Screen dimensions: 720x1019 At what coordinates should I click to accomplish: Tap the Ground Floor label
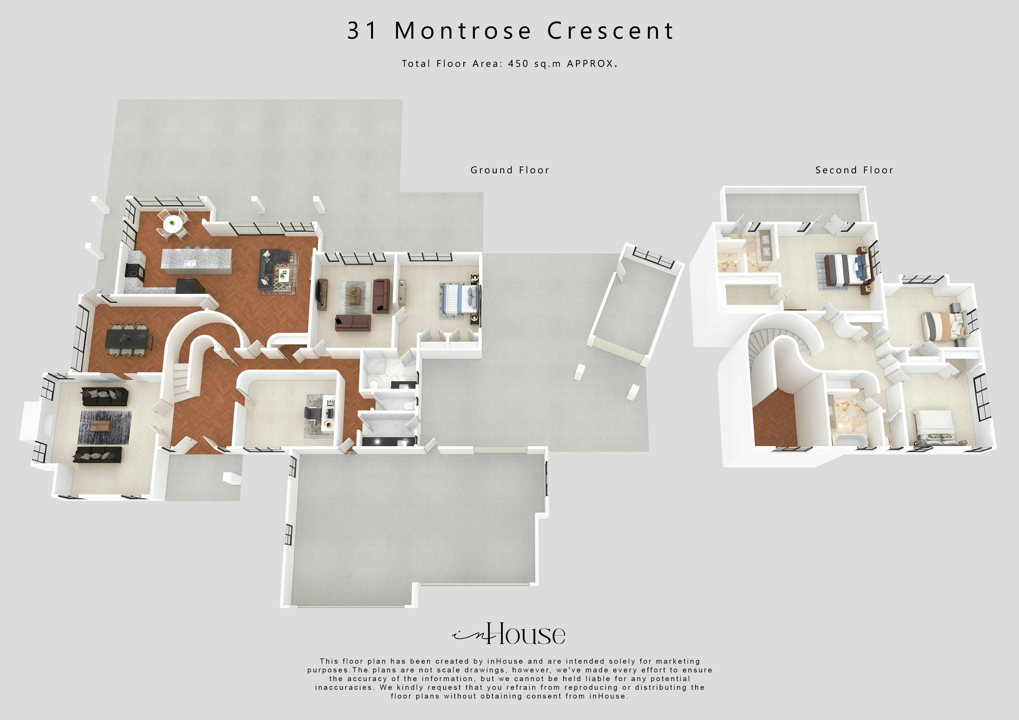click(509, 170)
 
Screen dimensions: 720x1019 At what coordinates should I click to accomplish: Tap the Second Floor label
click(854, 170)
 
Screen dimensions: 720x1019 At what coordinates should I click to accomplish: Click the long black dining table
click(127, 339)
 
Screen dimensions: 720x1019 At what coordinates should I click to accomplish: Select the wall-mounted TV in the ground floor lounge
click(319, 291)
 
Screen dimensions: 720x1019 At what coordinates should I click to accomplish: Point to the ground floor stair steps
click(181, 384)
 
